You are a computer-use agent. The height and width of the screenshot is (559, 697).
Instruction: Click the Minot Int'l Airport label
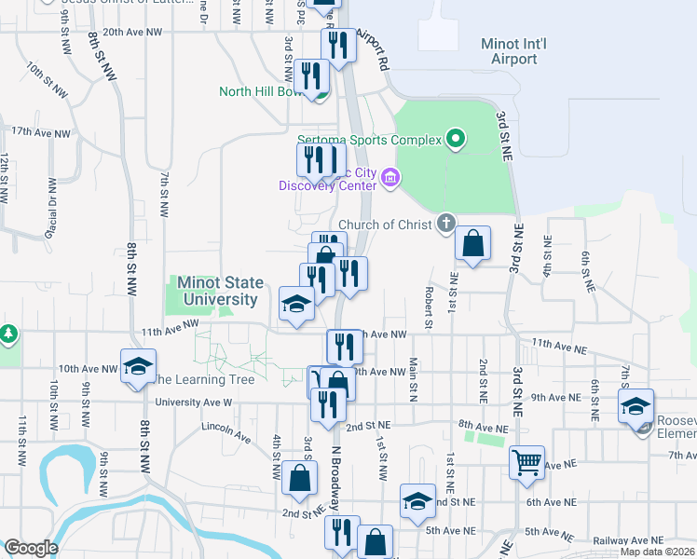pos(509,51)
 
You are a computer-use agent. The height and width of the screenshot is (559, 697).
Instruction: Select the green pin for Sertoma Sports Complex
pos(456,141)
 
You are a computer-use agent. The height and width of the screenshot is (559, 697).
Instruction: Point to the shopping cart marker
pos(526,462)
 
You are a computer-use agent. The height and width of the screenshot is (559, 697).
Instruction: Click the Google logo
pos(31,548)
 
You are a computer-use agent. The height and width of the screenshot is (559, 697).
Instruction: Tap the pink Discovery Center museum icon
pos(389,177)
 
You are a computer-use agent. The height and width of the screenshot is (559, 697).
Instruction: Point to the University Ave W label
pos(193,402)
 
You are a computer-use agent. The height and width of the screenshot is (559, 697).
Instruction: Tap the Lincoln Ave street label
pos(226,431)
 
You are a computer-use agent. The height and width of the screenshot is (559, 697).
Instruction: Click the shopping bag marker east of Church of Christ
pos(473,244)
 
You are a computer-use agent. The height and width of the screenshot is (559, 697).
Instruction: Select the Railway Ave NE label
pos(629,540)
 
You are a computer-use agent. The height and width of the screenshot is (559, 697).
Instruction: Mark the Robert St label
pos(430,307)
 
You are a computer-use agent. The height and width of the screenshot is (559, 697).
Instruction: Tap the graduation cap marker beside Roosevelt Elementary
pos(635,407)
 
